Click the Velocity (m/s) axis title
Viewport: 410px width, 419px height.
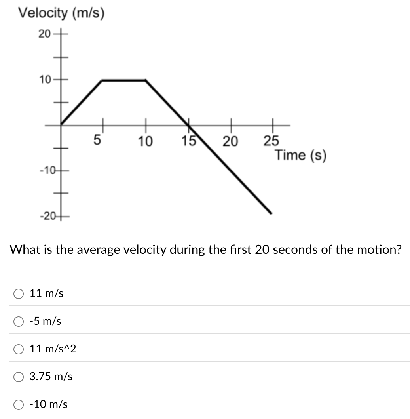click(x=62, y=13)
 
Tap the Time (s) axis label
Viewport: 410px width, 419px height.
click(x=301, y=155)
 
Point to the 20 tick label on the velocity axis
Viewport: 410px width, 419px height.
click(x=44, y=34)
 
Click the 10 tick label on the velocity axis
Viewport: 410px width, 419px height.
click(x=44, y=80)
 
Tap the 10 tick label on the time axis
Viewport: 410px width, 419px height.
click(x=145, y=141)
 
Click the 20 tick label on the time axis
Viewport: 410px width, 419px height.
click(x=230, y=141)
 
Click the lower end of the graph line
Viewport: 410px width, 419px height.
click(x=271, y=213)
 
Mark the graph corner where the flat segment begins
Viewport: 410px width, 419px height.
click(x=102, y=80)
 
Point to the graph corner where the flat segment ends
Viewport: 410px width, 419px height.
click(x=146, y=80)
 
